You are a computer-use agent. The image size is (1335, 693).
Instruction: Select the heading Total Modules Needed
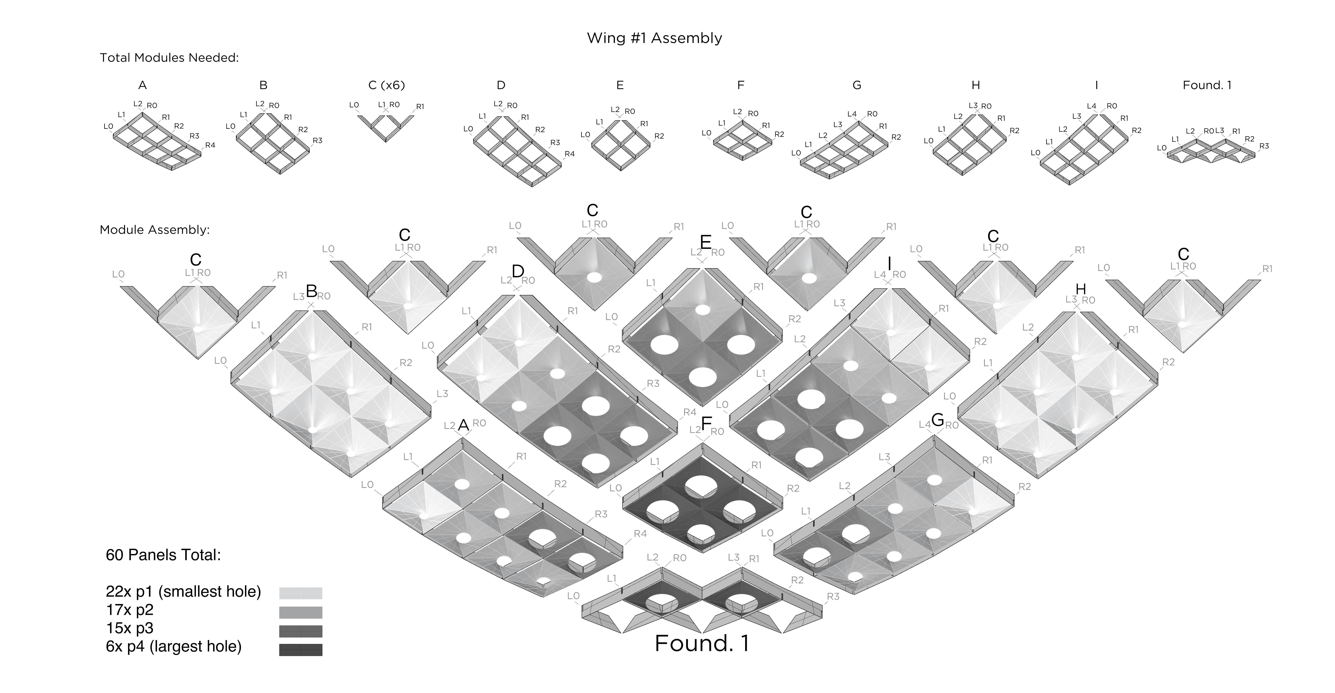pyautogui.click(x=169, y=57)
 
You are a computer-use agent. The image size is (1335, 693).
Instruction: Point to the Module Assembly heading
pyautogui.click(x=154, y=230)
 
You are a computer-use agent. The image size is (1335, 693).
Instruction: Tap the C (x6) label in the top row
pyautogui.click(x=386, y=85)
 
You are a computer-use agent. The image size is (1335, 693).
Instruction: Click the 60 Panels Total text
pyautogui.click(x=163, y=555)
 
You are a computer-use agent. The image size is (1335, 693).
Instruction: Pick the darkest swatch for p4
pyautogui.click(x=301, y=649)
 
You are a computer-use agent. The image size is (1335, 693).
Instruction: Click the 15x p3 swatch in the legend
pyautogui.click(x=301, y=631)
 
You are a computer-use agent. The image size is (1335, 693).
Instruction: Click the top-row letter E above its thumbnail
pyautogui.click(x=620, y=85)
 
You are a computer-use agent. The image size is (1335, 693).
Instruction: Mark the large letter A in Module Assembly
pyautogui.click(x=463, y=425)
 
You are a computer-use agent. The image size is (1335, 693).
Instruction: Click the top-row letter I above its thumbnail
pyautogui.click(x=1096, y=85)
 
